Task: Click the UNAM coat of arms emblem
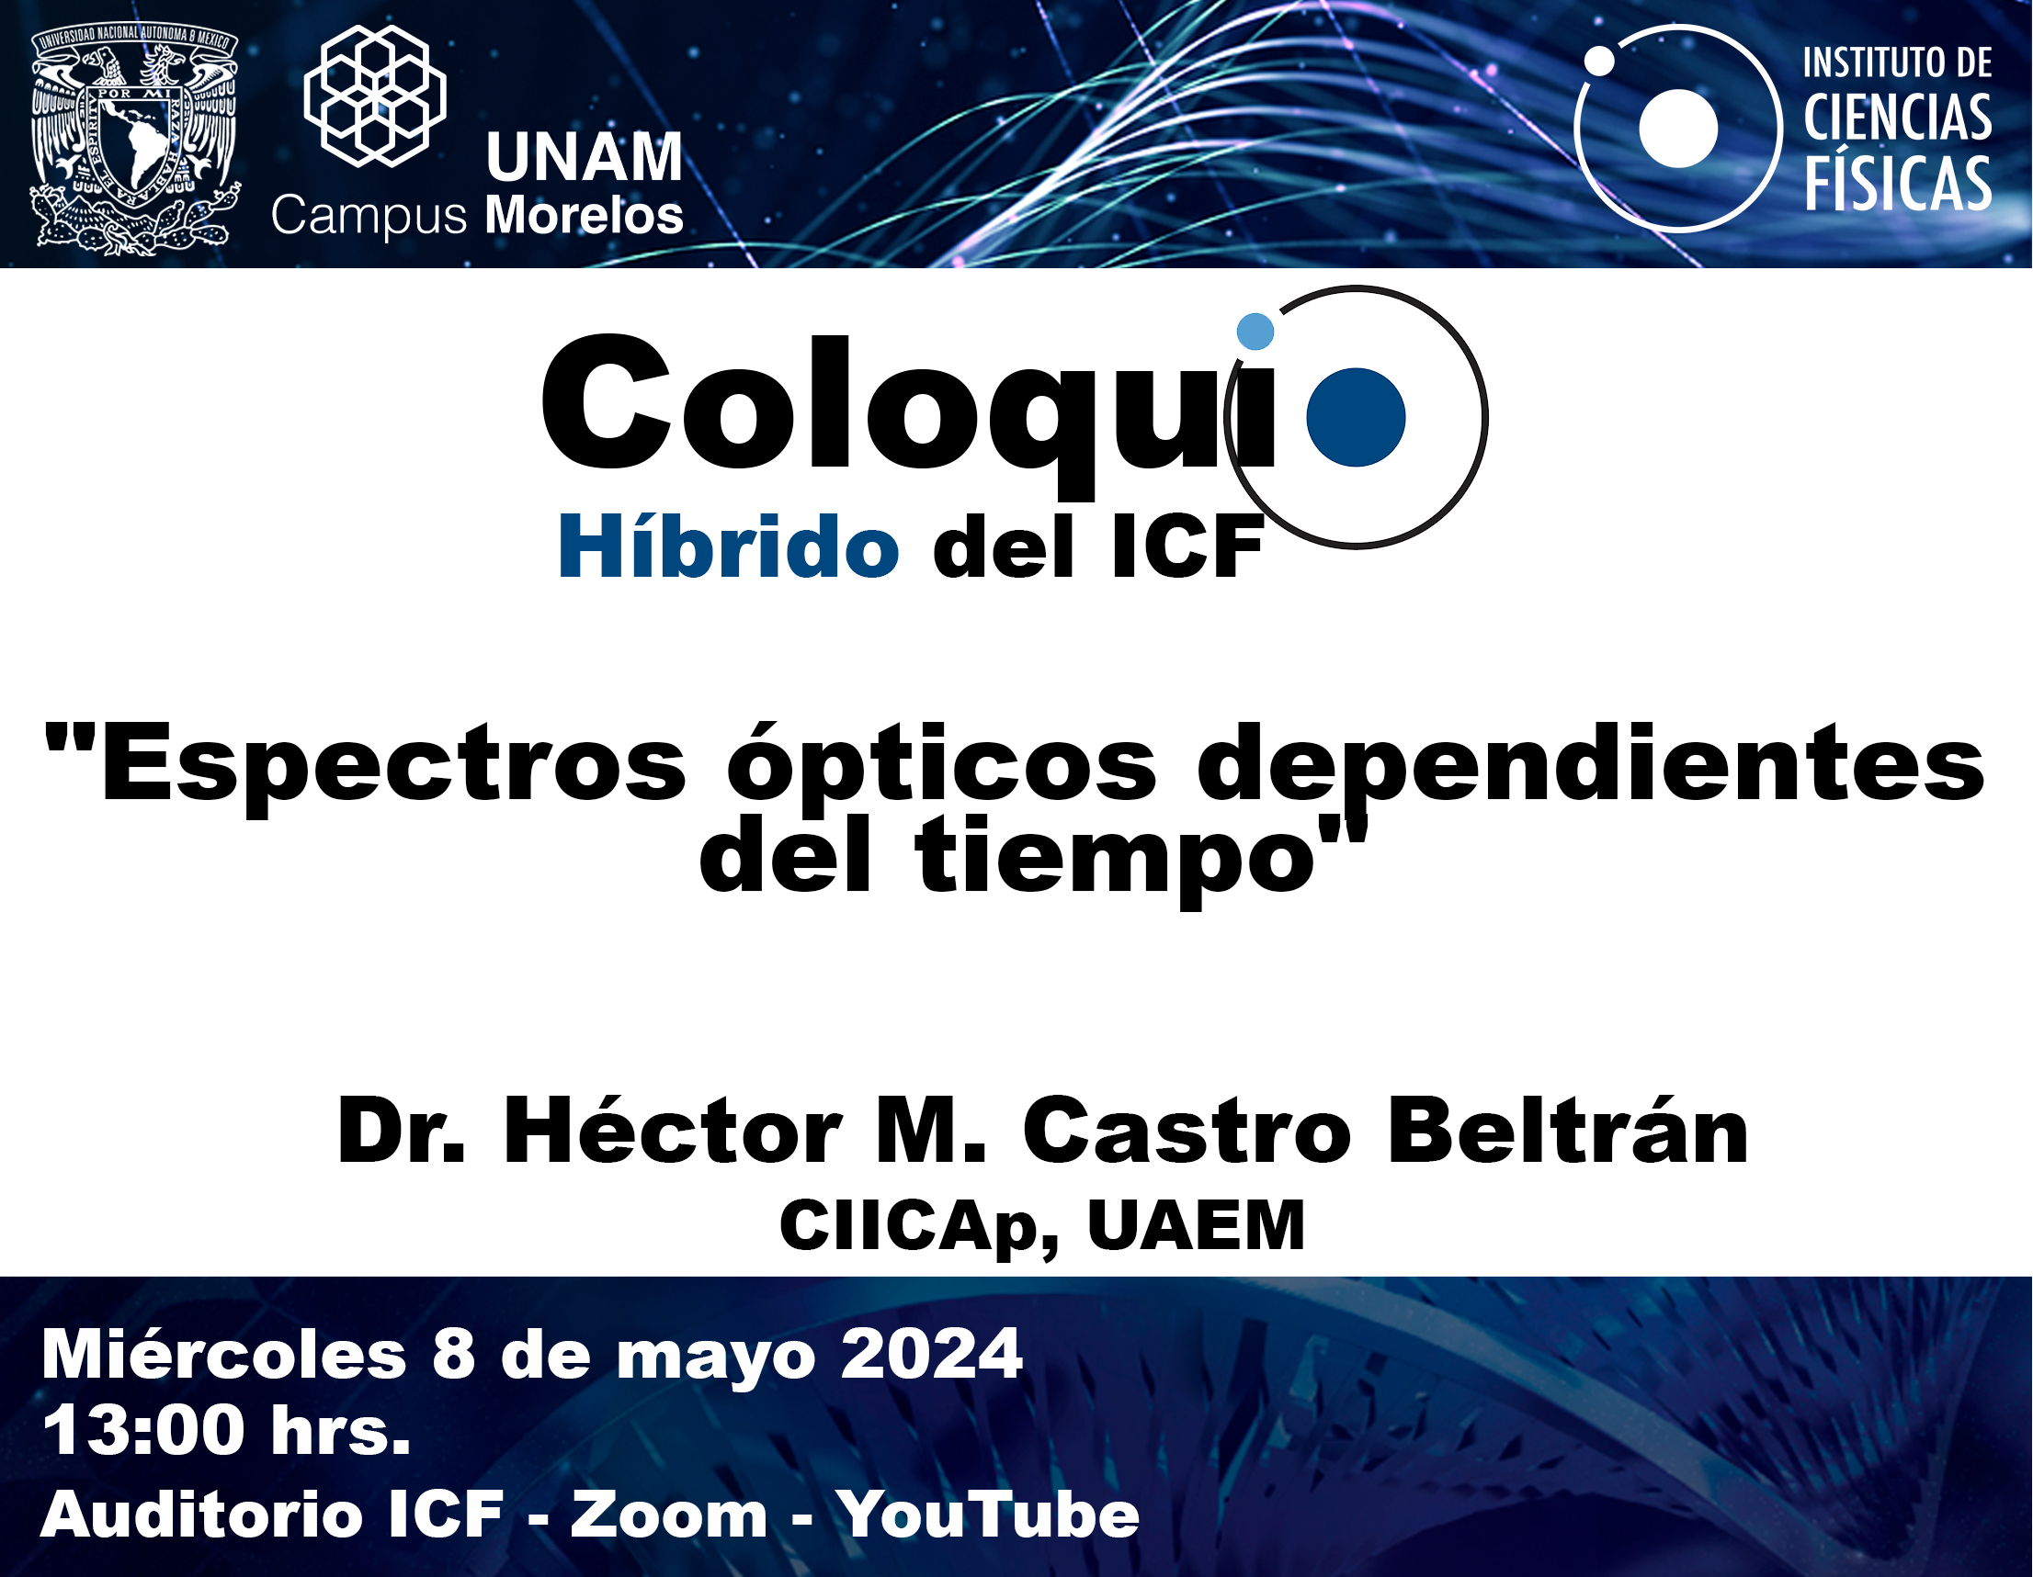136,140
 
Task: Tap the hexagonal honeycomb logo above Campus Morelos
375,96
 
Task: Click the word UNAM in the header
585,156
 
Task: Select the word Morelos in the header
585,216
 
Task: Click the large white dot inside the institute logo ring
1678,129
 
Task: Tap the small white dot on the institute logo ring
1599,62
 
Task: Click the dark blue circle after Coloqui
1357,417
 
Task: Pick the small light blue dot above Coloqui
1255,332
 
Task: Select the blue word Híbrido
729,547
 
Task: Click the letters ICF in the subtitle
1176,549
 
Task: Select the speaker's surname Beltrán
1568,1131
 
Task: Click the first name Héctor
674,1131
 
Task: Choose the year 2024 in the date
932,1355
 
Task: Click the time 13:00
143,1431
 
